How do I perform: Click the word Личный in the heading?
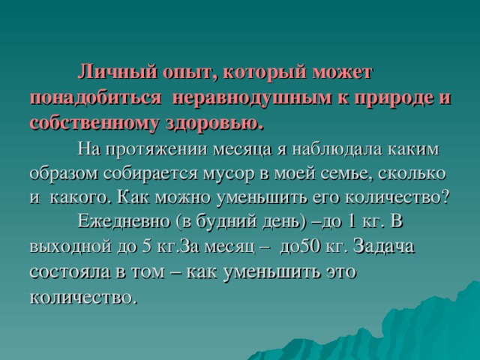(x=112, y=73)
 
